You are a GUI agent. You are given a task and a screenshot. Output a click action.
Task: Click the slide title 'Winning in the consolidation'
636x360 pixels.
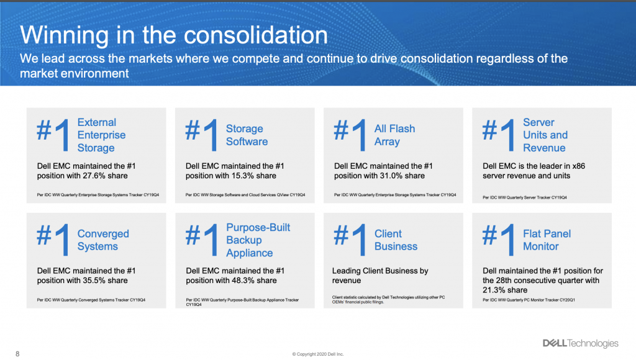pyautogui.click(x=174, y=35)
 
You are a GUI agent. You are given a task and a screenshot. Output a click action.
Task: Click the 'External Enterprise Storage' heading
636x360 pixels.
pyautogui.click(x=101, y=135)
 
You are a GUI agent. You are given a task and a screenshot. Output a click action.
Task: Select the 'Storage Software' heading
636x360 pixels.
pyautogui.click(x=247, y=135)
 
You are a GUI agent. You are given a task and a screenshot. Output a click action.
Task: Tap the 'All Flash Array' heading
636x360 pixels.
pyautogui.click(x=394, y=135)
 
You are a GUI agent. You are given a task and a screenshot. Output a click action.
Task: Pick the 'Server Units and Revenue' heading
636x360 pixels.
pyautogui.click(x=545, y=135)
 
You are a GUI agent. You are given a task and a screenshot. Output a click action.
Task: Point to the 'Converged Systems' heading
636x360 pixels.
pyautogui.click(x=103, y=240)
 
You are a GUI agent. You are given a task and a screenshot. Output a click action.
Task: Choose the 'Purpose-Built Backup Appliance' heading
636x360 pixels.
pyautogui.click(x=258, y=240)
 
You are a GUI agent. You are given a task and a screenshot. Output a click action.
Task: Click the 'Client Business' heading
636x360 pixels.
pyautogui.click(x=396, y=240)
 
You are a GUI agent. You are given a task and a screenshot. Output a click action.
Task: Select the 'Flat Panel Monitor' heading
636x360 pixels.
pyautogui.click(x=547, y=240)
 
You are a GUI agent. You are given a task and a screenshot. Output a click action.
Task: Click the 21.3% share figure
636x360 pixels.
pyautogui.click(x=494, y=290)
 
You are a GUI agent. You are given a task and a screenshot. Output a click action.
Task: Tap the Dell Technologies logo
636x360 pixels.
pyautogui.click(x=581, y=343)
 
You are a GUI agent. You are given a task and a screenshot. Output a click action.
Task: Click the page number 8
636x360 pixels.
pyautogui.click(x=17, y=354)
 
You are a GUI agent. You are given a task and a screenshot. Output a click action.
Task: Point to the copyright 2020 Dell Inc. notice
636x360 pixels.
pyautogui.click(x=318, y=354)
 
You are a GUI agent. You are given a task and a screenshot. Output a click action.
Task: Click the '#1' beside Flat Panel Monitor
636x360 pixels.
pyautogui.click(x=498, y=240)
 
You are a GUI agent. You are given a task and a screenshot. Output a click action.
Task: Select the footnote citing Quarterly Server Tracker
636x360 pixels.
pyautogui.click(x=524, y=197)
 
